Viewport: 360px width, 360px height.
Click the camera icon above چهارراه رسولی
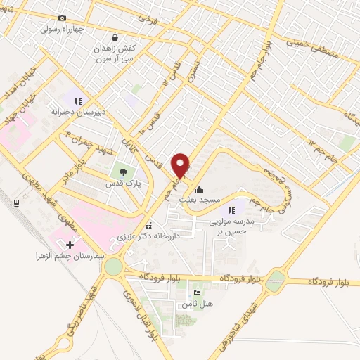click(x=62, y=18)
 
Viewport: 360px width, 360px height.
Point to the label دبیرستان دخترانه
click(x=78, y=112)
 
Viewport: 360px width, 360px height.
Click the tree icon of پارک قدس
click(x=124, y=171)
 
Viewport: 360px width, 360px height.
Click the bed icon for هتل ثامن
click(x=196, y=292)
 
